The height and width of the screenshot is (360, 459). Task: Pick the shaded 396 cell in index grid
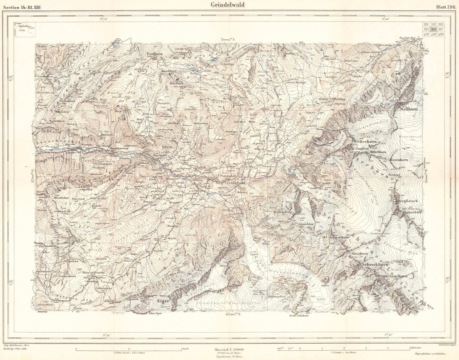434,29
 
